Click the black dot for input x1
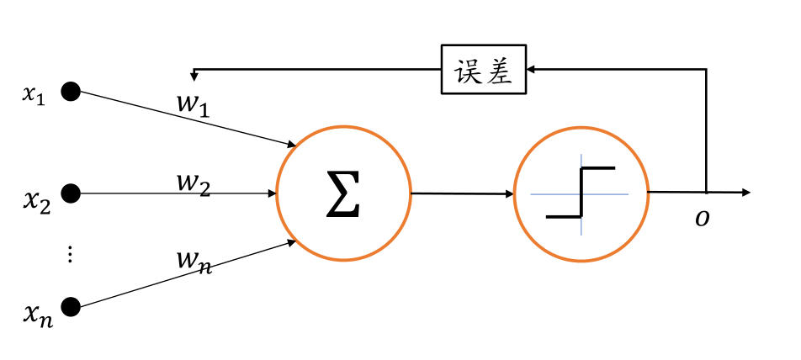pos(71,91)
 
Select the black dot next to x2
pos(71,193)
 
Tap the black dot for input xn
pos(71,306)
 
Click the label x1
pos(33,94)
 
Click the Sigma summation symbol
pos(343,193)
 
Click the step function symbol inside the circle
pos(581,193)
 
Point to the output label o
pos(701,219)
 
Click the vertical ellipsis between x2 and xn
pos(71,255)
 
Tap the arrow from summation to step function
pos(462,193)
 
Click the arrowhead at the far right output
pos(745,193)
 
